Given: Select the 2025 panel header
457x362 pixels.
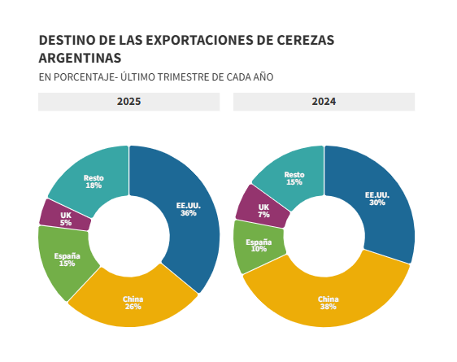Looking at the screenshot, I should [128, 102].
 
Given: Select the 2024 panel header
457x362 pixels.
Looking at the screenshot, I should [324, 102].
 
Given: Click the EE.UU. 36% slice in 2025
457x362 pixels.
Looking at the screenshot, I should [188, 209].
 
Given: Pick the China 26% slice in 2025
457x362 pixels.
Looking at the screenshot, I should [133, 302].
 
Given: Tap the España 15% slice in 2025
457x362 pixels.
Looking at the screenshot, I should [67, 260].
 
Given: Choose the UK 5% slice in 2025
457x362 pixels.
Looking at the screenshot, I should [65, 219].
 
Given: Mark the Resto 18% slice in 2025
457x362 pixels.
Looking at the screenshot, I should [94, 181].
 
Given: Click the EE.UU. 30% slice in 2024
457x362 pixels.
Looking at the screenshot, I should [376, 198].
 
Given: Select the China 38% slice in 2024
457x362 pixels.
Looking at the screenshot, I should [328, 303].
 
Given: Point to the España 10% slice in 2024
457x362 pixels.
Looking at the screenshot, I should [259, 245].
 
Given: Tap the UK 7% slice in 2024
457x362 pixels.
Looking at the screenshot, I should [263, 211].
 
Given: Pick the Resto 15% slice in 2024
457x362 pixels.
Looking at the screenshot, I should [294, 178].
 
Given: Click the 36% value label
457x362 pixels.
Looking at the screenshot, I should [188, 213].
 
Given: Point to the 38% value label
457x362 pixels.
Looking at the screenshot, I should [328, 307].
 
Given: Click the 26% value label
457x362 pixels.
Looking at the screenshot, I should [133, 307].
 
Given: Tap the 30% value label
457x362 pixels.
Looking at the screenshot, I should [376, 203].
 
